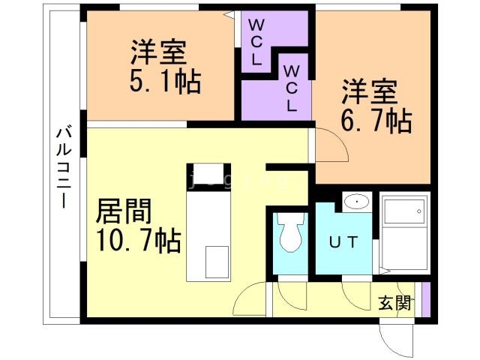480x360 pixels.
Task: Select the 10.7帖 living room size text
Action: [x=137, y=240]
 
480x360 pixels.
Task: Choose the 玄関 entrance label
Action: [x=394, y=303]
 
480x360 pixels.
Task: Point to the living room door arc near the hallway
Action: [x=249, y=301]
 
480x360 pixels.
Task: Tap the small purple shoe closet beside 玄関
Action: [x=425, y=300]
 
